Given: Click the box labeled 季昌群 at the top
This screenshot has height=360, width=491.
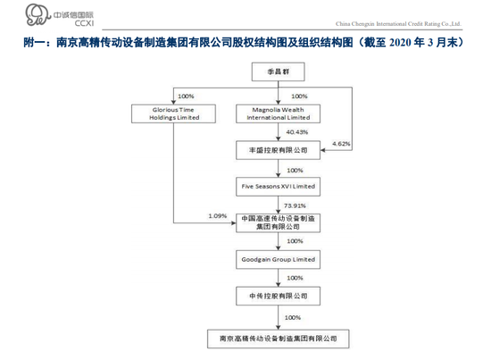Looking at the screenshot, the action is coord(278,71).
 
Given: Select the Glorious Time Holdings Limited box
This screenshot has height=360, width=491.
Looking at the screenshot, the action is coord(173,113).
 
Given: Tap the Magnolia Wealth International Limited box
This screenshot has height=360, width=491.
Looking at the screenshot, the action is coord(278,113).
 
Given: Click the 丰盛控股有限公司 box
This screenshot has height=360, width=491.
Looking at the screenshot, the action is coord(278,150).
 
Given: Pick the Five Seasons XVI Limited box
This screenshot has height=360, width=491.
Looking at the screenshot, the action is coord(278,187).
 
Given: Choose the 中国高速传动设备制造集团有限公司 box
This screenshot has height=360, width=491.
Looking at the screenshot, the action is coord(278,222).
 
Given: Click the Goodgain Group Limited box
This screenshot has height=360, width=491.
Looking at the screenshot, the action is coord(278,259).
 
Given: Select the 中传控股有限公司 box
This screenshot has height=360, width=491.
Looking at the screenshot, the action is coord(278,296).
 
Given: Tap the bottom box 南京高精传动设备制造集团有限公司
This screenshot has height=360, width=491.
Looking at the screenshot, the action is coord(278,339).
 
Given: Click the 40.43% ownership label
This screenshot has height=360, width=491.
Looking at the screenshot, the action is coord(297,132).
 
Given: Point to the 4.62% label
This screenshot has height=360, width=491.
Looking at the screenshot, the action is coord(341,144).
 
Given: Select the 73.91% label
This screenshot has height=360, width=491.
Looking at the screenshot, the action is coord(295,205).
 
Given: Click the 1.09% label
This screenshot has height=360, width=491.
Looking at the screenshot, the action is coord(218,216).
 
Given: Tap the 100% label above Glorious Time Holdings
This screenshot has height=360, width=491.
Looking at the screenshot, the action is coord(186,96).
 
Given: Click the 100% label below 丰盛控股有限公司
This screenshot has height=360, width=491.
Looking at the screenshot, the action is coord(295,171).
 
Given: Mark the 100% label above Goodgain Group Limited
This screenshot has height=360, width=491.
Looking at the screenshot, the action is coord(295,241).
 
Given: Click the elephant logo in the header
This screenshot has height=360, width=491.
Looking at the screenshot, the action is coord(37,14).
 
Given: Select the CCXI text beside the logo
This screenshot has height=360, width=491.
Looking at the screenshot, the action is coord(84,23).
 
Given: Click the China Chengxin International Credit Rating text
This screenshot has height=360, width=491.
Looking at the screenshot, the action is coord(398,24).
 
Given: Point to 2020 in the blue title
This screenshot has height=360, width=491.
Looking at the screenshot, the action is coord(400,42).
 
